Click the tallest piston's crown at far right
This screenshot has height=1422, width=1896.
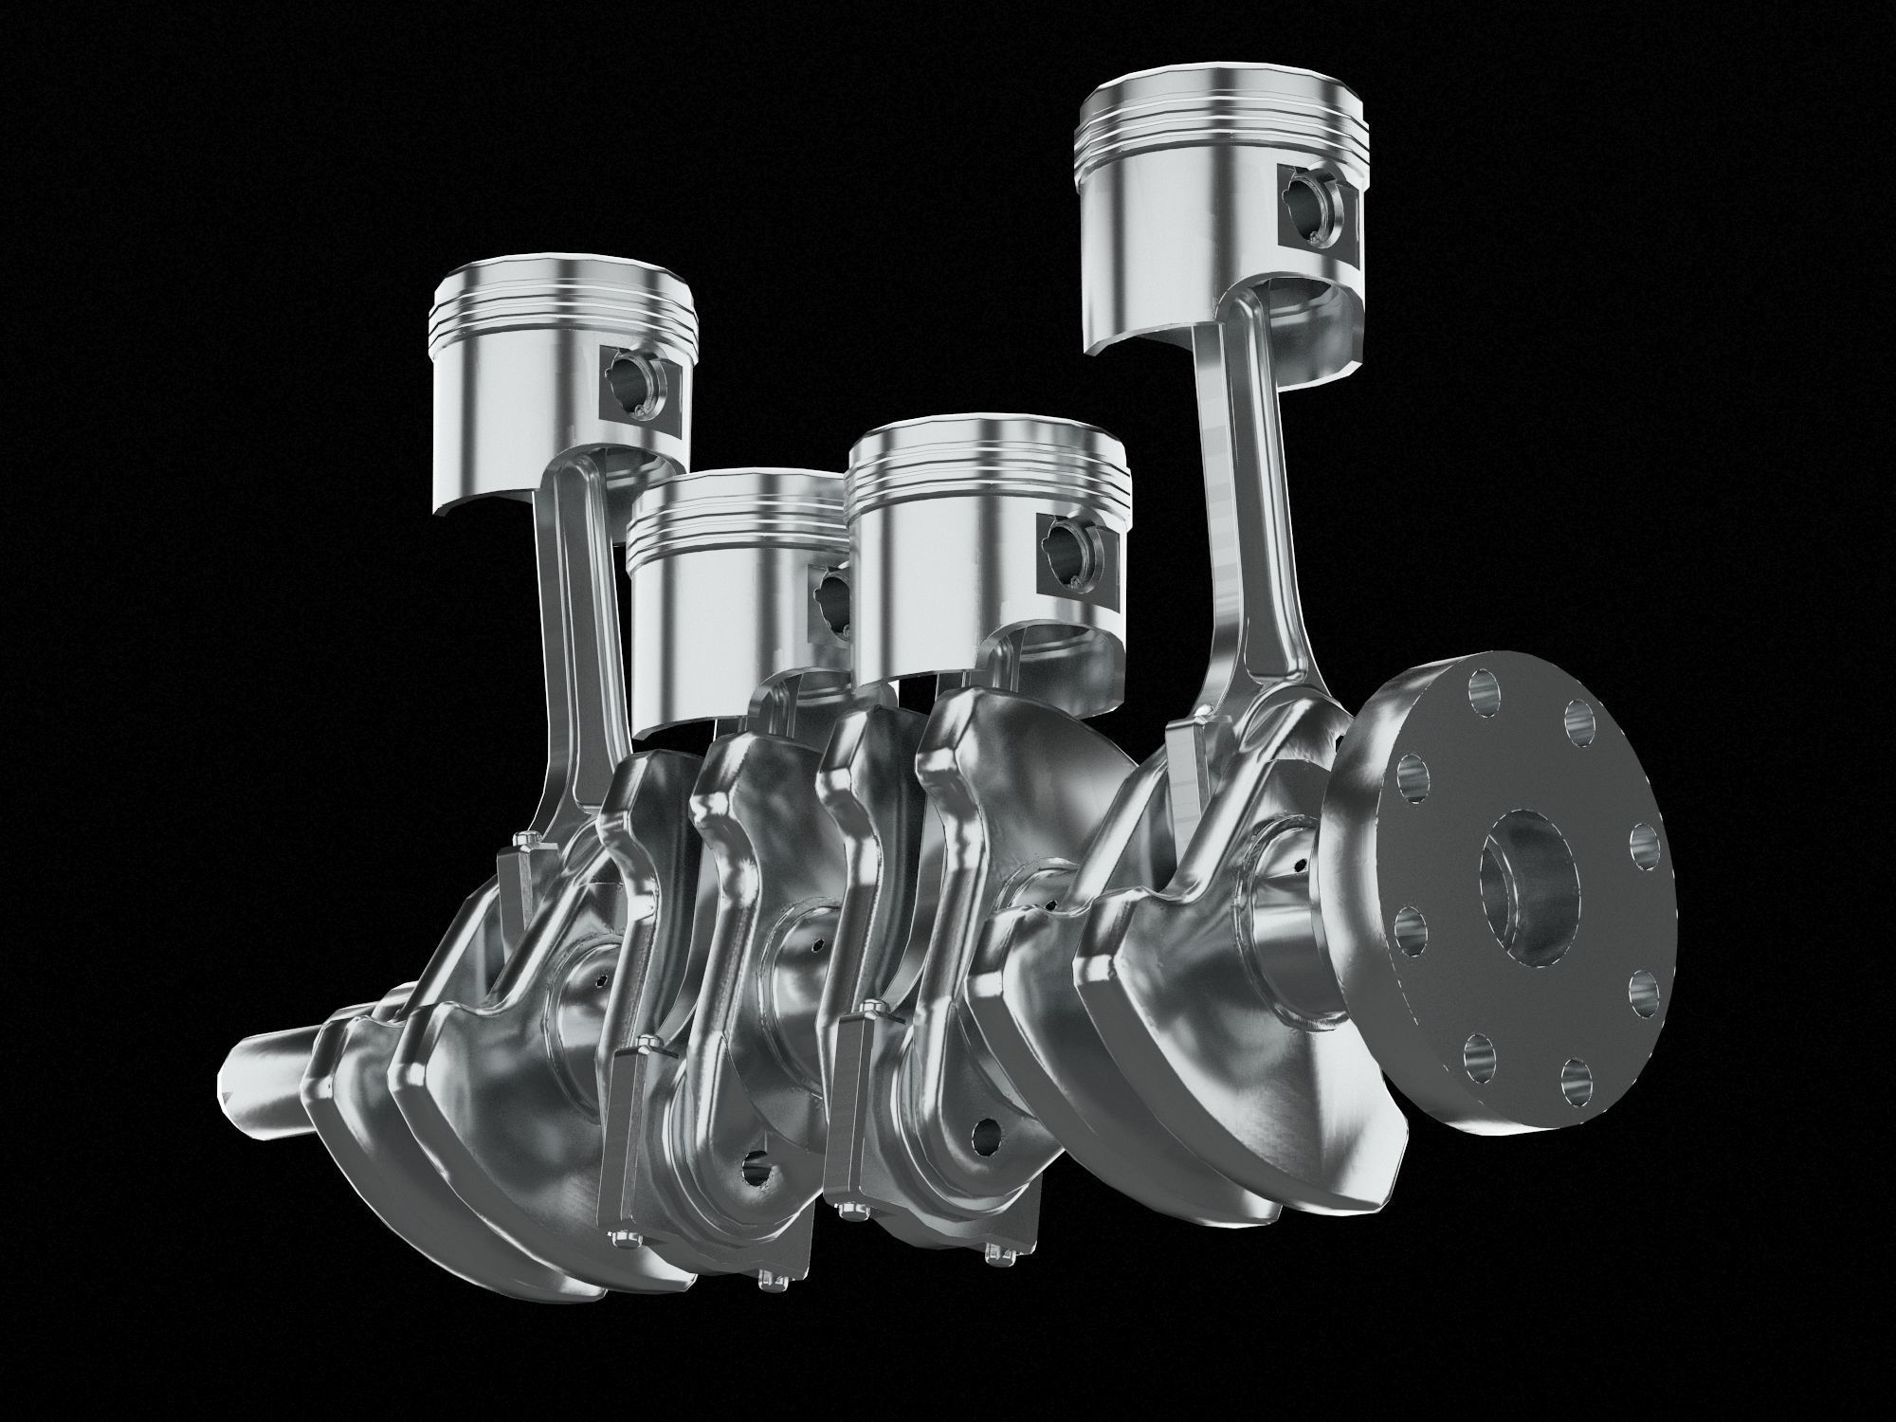pyautogui.click(x=1223, y=100)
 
